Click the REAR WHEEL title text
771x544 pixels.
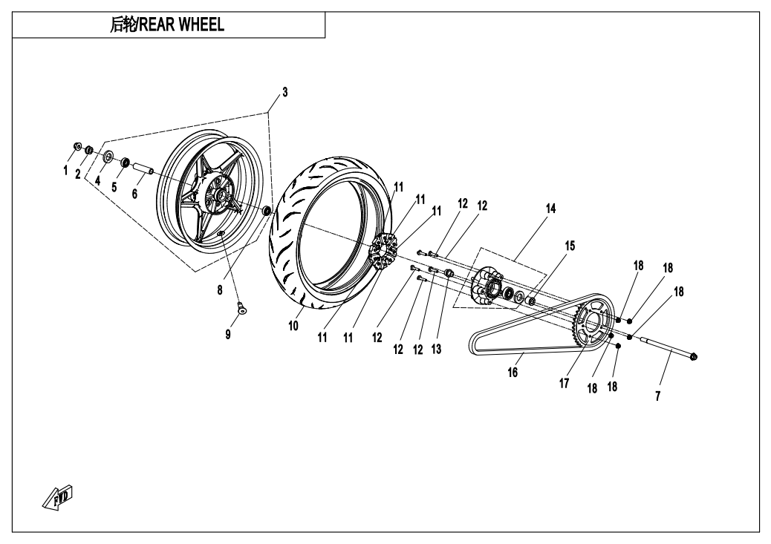coord(167,25)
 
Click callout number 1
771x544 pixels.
coord(65,170)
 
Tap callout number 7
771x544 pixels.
coord(658,396)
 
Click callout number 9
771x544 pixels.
coord(228,334)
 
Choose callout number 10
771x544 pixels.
coord(294,325)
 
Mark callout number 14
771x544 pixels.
coord(550,210)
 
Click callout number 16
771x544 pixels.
coord(513,373)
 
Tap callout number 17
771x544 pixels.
coord(564,384)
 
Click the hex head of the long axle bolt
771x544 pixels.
coord(692,357)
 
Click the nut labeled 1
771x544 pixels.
coord(78,145)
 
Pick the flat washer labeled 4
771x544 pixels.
coord(108,156)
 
